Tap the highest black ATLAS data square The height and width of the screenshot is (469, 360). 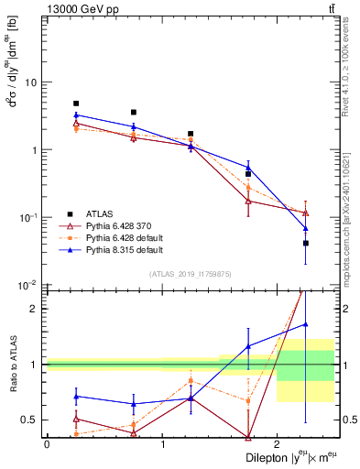[x=76, y=104]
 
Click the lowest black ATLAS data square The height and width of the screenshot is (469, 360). [x=305, y=243]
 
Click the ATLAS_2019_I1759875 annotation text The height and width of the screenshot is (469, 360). [x=191, y=274]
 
